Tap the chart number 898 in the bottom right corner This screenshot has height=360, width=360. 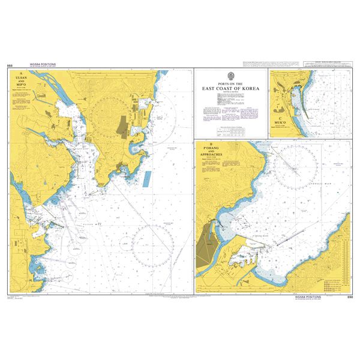point(349,297)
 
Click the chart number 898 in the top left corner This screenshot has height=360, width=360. point(10,65)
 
